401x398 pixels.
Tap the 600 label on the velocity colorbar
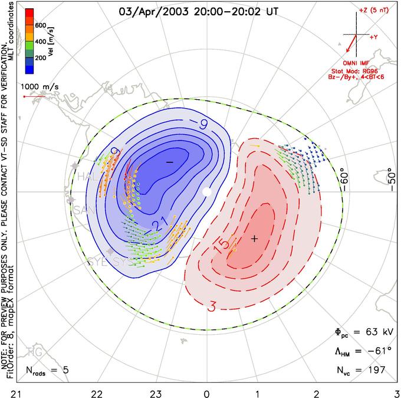40,26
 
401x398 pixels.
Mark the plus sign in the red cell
254,239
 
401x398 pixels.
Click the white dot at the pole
206,192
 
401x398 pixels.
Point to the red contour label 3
211,306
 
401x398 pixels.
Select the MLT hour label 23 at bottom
156,392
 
